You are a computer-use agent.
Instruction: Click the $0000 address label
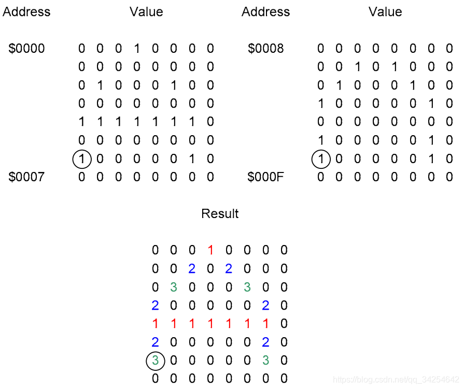27,49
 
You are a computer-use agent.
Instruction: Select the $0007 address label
27,177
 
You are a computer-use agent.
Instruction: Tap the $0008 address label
266,49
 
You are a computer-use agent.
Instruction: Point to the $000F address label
266,177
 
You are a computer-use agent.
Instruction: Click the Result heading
220,213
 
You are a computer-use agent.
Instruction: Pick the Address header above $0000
26,12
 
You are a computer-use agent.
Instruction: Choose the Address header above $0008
265,12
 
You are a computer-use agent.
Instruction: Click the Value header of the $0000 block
146,12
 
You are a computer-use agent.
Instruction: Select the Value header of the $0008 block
385,12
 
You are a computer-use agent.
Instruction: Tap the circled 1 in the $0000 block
82,159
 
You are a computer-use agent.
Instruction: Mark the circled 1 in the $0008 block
321,159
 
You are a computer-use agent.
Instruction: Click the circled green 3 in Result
156,361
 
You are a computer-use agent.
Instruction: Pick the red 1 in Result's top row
210,251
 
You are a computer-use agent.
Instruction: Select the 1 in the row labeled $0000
137,49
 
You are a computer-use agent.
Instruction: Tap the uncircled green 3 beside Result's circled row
265,361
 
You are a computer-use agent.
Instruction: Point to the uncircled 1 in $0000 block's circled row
192,159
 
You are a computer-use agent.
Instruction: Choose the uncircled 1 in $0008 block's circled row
431,159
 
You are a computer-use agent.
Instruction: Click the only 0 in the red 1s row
284,324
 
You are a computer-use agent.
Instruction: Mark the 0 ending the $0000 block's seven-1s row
210,122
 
